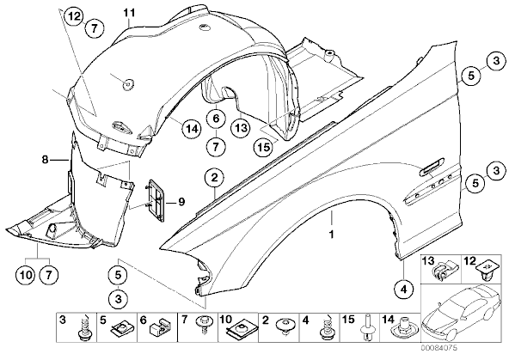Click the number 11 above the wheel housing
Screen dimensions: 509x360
129,13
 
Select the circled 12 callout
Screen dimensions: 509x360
74,16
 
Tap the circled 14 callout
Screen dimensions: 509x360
191,129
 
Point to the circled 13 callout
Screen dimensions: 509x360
241,127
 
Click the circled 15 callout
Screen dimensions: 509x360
264,147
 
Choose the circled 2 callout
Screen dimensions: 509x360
214,178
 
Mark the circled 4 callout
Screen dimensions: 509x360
404,289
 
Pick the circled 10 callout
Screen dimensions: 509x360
27,276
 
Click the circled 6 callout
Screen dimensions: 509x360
216,119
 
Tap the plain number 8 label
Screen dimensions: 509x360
45,160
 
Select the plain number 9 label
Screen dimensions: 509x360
181,202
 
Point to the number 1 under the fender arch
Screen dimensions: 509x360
331,234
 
